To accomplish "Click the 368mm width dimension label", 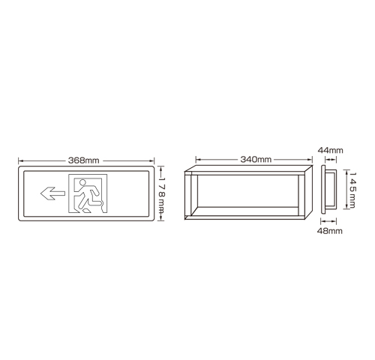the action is coord(84,160).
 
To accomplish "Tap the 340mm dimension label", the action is coord(256,159).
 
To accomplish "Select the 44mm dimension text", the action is coord(330,150).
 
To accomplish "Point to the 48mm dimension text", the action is coord(330,231).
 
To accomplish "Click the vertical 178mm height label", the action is coord(162,193).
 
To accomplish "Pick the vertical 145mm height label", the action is coord(352,190).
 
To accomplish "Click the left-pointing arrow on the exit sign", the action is coord(52,193).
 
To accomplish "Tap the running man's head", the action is coord(82,182).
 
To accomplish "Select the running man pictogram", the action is coord(88,195).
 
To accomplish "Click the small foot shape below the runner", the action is coord(86,211).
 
